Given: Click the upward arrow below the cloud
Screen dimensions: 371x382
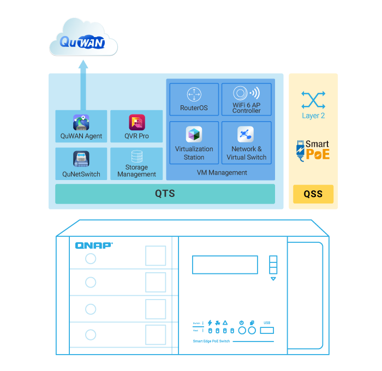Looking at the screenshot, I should [x=83, y=67].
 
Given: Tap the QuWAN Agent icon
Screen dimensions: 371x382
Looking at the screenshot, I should [x=81, y=122].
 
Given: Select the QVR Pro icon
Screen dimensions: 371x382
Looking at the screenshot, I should [x=136, y=122].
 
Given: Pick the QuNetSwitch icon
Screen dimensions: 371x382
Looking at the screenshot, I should [x=81, y=159].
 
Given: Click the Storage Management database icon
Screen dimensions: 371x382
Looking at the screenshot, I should [x=136, y=157].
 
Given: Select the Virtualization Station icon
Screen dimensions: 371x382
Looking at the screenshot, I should [x=194, y=134].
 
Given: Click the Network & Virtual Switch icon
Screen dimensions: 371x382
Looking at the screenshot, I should [x=246, y=134].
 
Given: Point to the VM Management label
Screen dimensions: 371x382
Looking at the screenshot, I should [x=222, y=172].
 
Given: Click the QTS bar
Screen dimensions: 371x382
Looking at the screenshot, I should [x=165, y=194].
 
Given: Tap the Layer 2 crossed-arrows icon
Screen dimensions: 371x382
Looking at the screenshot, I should [x=313, y=100].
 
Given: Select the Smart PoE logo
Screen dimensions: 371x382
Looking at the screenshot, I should [x=313, y=151].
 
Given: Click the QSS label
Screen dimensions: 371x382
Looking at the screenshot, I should [x=313, y=194].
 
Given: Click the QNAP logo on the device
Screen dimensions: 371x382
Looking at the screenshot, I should [x=94, y=246].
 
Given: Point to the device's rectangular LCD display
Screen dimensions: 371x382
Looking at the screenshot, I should [x=225, y=265].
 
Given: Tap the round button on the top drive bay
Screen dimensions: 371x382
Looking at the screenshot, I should [x=91, y=259].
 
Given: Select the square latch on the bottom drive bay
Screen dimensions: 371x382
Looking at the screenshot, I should [x=156, y=334].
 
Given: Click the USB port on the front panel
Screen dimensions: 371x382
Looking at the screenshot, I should [x=267, y=330].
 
